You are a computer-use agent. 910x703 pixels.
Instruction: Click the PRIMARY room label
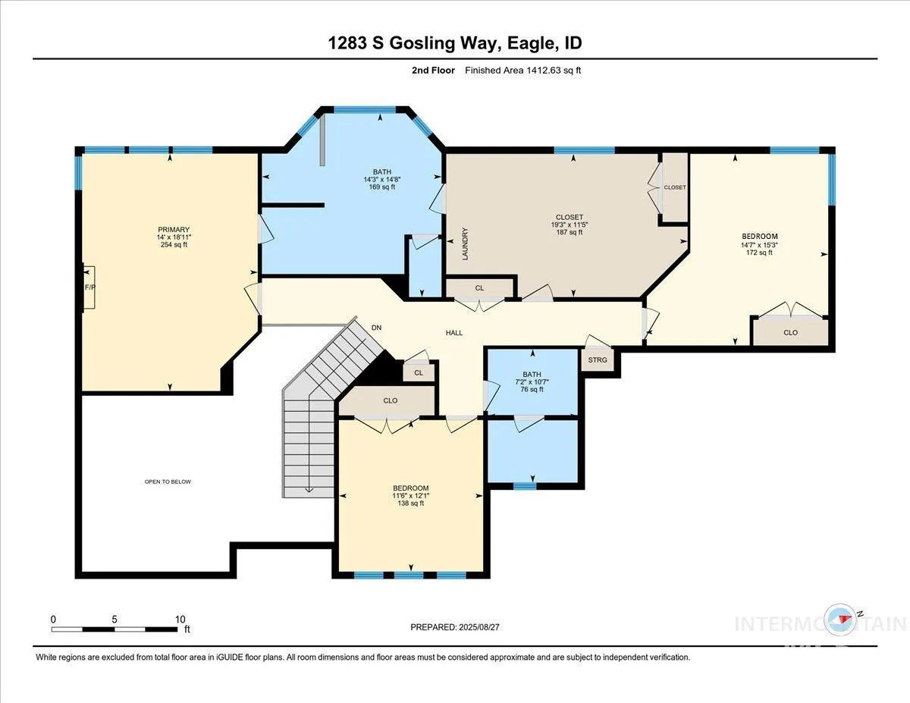pos(174,230)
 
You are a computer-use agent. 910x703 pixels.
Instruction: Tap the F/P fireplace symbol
pos(89,287)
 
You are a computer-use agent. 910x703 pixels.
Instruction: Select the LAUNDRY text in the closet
pos(465,244)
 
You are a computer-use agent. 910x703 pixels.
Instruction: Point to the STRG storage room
pos(598,359)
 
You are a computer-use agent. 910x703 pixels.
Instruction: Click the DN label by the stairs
pos(376,328)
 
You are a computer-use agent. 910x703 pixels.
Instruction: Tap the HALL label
pos(454,333)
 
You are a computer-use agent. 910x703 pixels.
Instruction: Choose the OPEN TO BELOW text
pos(168,482)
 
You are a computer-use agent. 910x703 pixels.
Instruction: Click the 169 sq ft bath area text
pos(382,187)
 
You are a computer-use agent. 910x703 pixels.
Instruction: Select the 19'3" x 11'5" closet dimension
pos(569,224)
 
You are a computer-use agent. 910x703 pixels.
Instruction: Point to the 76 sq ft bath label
pos(532,389)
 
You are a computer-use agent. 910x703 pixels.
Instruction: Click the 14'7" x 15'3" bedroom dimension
pos(759,245)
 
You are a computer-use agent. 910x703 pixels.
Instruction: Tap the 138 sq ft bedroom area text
pos(410,504)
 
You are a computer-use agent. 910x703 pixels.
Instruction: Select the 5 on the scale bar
pos(115,620)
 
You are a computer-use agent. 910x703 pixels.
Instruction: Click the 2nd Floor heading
pos(433,71)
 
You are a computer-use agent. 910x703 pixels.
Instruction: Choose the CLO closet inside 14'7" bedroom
pos(791,332)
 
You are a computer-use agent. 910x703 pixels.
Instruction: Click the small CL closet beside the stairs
pos(419,372)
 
